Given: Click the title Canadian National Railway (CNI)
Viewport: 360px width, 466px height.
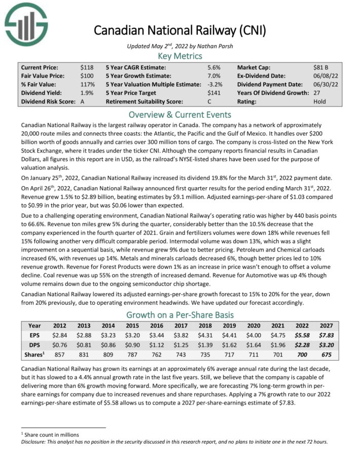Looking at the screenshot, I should [x=179, y=30].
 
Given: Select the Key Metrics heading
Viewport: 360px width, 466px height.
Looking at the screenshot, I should [x=179, y=55].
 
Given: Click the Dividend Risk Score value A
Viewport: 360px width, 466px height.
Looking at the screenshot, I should [x=82, y=101].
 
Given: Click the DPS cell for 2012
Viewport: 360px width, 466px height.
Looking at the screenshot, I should [x=59, y=345].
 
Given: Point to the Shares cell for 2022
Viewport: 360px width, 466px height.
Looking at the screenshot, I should [x=302, y=354].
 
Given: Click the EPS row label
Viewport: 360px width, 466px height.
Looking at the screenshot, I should [x=34, y=335].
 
